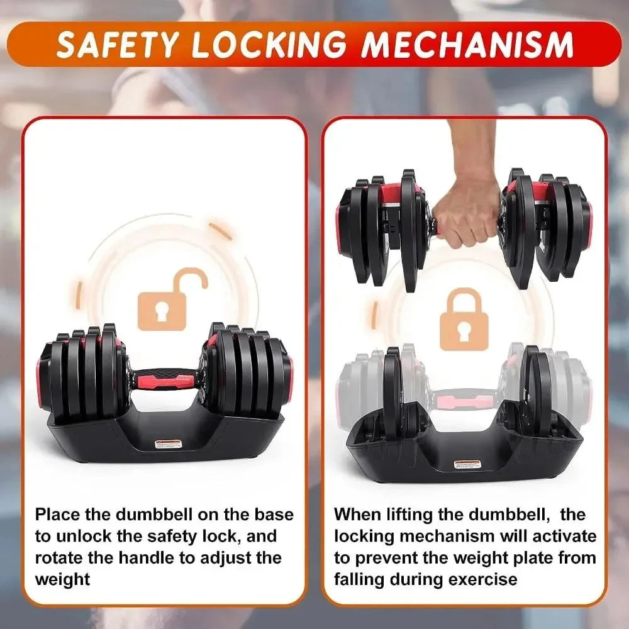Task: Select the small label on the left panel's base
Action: point(168,445)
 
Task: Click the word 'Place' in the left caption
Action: point(57,515)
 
